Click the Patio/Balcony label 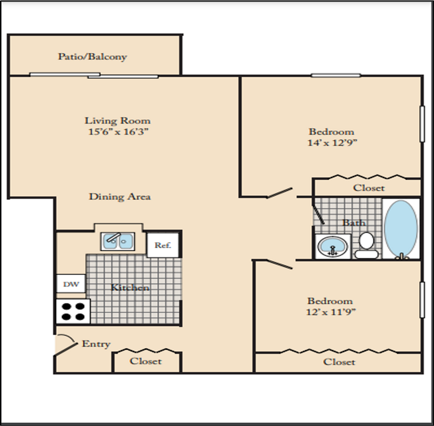[x=93, y=57]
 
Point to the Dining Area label [x=120, y=197]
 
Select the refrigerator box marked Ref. [x=163, y=245]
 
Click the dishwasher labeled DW [x=71, y=284]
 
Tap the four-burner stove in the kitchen [x=73, y=311]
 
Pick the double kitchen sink [x=117, y=241]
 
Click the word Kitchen [x=130, y=288]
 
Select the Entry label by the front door [x=96, y=344]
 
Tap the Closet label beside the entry [x=145, y=361]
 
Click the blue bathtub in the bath [x=401, y=228]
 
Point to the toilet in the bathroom [x=367, y=245]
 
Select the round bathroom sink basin [x=332, y=246]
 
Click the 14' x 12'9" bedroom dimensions [x=332, y=143]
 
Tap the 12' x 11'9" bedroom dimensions [x=331, y=312]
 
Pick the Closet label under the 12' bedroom [x=339, y=362]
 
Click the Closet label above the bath [x=369, y=188]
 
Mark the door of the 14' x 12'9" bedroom [x=279, y=193]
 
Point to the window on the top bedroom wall [x=336, y=75]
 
